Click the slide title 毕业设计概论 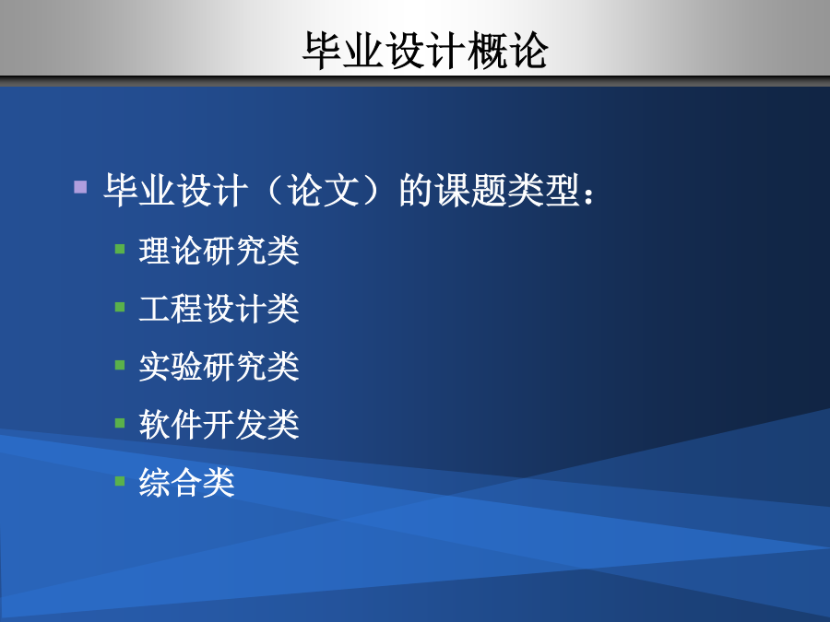click(425, 51)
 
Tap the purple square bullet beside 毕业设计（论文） click(80, 187)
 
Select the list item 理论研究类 click(219, 250)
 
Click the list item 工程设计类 click(219, 309)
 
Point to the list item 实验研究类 click(219, 367)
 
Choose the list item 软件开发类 click(219, 424)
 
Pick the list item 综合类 click(187, 482)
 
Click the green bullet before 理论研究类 click(120, 249)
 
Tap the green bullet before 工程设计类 click(120, 307)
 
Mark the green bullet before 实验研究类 click(120, 365)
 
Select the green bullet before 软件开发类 click(120, 423)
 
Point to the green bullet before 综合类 click(120, 481)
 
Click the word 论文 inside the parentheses click(324, 190)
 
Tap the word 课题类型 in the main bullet click(507, 190)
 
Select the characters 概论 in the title click(507, 51)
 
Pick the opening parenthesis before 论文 click(275, 190)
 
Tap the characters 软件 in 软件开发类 click(171, 424)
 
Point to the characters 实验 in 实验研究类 click(171, 367)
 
